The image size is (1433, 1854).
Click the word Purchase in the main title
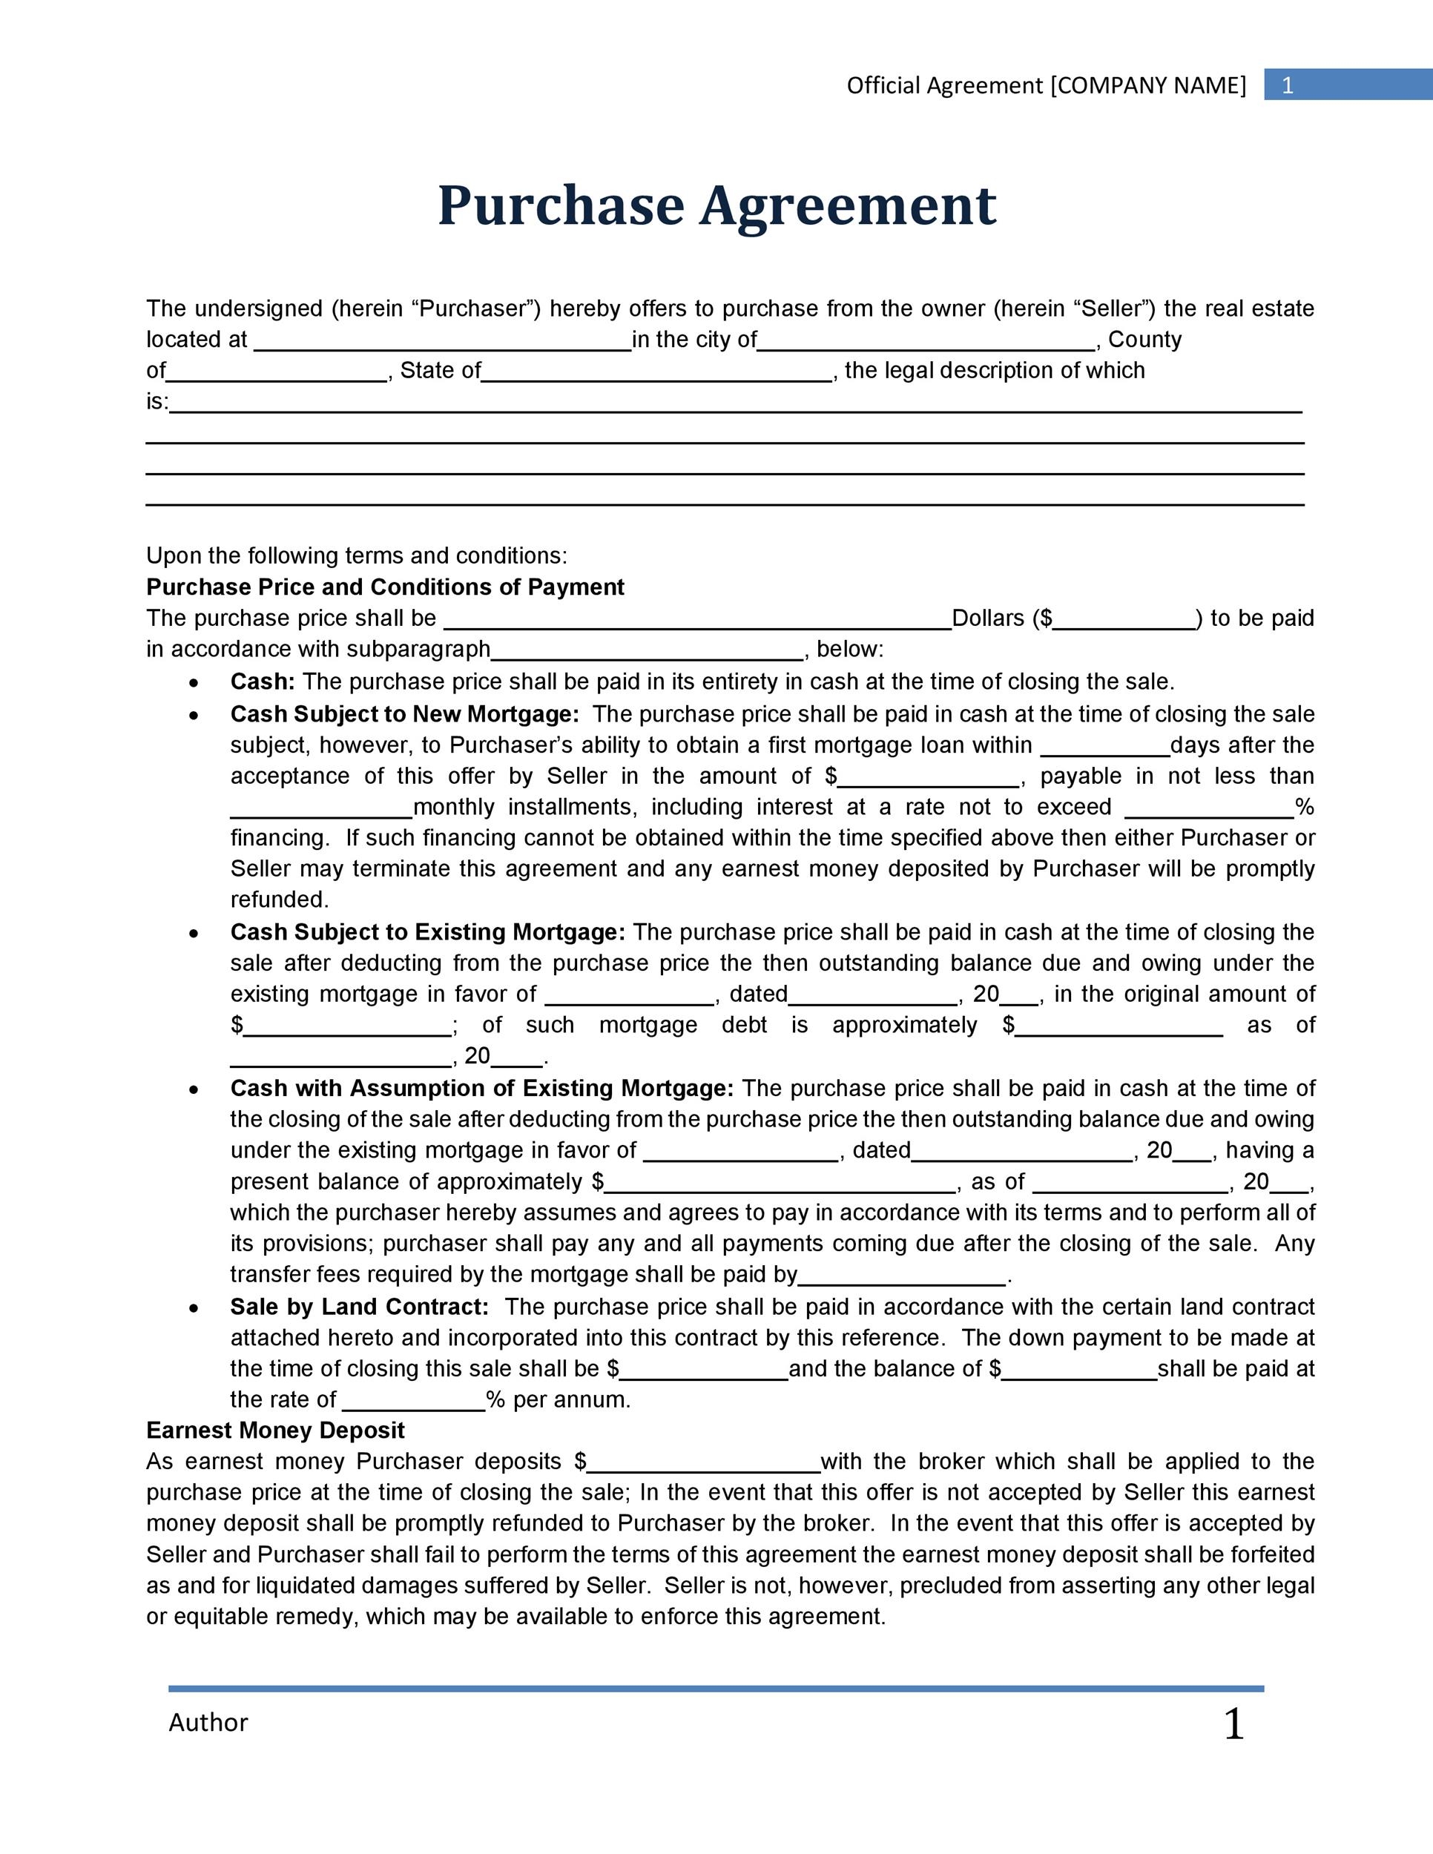tap(560, 206)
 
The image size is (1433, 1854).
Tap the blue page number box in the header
tap(1347, 85)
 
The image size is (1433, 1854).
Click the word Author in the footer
tap(208, 1723)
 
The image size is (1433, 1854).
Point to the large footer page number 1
tap(1233, 1724)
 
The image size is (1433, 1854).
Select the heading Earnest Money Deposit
tap(275, 1431)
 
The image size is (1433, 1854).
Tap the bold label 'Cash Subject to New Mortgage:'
tap(404, 714)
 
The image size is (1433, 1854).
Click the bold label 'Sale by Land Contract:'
tap(359, 1307)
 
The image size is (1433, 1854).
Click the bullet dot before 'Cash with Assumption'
tap(194, 1089)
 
